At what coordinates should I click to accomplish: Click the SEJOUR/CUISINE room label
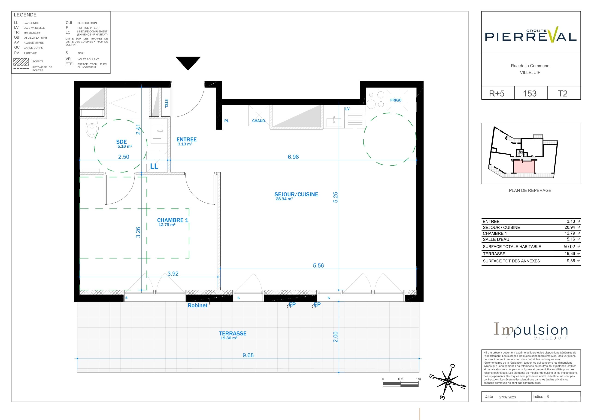296,194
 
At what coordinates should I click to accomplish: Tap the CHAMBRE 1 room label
173,220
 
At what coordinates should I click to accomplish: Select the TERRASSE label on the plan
233,334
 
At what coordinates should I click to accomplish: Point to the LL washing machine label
154,166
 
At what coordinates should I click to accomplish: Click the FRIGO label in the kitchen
396,100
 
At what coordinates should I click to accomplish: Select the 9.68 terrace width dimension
248,355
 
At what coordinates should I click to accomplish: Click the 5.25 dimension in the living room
336,197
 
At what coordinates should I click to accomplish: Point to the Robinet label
197,305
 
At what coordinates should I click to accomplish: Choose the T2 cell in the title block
562,93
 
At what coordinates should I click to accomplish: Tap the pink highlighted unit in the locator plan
524,167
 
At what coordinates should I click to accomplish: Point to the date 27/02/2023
507,397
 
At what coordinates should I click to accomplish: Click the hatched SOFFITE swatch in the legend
21,62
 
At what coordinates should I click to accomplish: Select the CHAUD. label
259,121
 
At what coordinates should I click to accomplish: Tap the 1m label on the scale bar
418,379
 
